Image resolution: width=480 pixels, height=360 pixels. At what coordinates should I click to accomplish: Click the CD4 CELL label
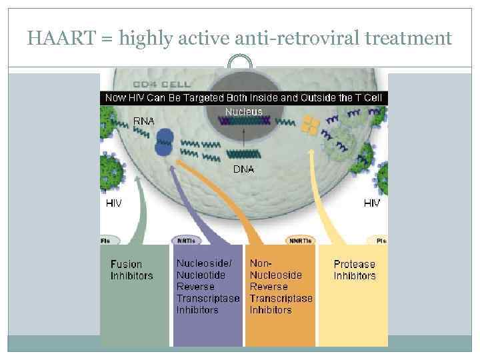(162, 85)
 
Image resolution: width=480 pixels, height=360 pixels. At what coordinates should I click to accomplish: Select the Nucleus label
(243, 112)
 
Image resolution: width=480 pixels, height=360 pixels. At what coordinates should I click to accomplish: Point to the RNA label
(144, 121)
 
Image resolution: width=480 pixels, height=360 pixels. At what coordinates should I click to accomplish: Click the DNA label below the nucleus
(243, 169)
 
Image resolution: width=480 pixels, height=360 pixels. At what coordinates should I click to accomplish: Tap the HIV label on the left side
(114, 203)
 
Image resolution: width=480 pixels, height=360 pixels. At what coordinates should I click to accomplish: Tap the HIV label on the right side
(372, 203)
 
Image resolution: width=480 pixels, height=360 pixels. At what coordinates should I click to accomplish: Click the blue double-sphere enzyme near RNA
(164, 142)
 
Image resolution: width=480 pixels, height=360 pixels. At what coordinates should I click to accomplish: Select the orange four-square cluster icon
(311, 125)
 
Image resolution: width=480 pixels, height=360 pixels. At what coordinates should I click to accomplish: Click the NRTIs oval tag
(186, 240)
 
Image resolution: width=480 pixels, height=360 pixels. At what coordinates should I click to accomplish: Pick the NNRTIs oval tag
(299, 240)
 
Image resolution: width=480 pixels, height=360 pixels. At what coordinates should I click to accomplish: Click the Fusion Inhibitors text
(131, 270)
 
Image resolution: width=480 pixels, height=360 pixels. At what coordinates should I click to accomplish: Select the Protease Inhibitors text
(355, 270)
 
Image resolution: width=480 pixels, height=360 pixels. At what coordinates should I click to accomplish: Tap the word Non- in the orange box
(261, 264)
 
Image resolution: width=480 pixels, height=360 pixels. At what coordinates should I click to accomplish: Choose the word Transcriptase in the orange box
(281, 298)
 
